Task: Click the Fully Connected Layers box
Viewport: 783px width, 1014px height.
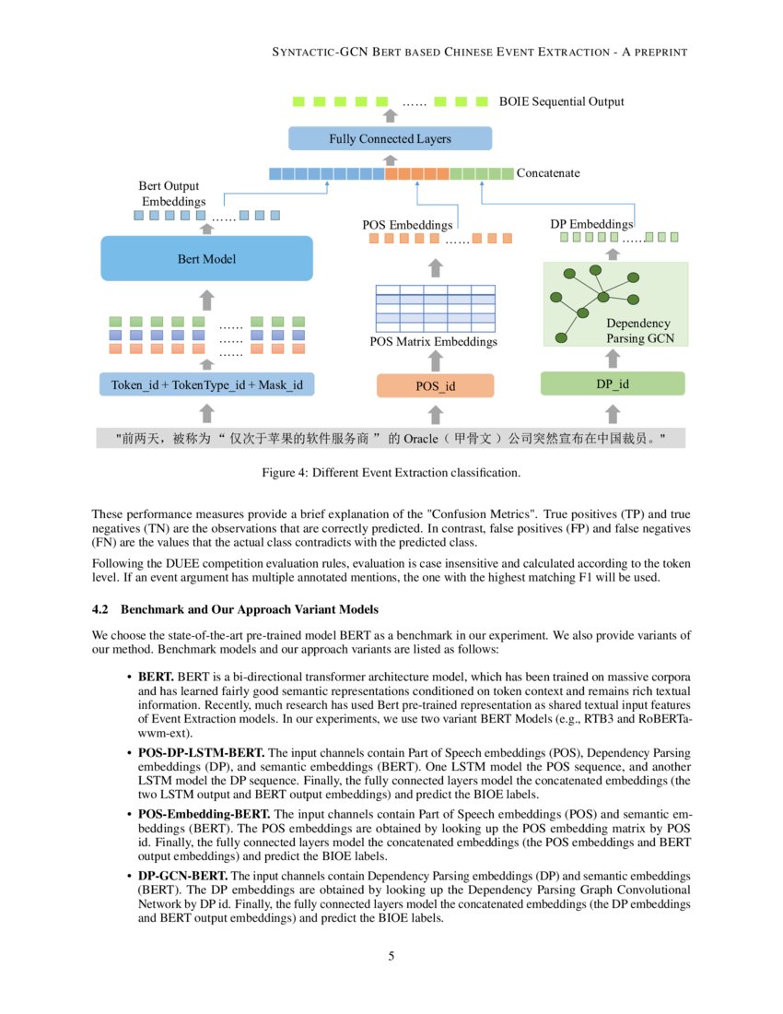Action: pos(390,138)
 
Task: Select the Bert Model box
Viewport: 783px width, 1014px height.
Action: pos(206,259)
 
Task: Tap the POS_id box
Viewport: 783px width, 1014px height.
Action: pos(436,385)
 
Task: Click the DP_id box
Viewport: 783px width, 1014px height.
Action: pos(613,383)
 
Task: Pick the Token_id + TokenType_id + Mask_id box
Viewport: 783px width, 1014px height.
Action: pos(206,384)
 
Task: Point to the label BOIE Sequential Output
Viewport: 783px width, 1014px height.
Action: pos(561,101)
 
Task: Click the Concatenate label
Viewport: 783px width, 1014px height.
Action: pos(548,173)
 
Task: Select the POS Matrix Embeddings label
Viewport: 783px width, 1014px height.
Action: pos(433,342)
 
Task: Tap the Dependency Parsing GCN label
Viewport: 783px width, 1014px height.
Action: pos(639,331)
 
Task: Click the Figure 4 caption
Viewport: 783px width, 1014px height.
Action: pos(391,474)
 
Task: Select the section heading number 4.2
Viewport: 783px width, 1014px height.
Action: pos(101,610)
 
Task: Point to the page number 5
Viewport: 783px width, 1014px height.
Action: pos(391,956)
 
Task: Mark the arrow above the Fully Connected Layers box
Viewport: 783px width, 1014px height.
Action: pos(390,116)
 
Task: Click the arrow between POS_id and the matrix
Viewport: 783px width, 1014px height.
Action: pos(436,361)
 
